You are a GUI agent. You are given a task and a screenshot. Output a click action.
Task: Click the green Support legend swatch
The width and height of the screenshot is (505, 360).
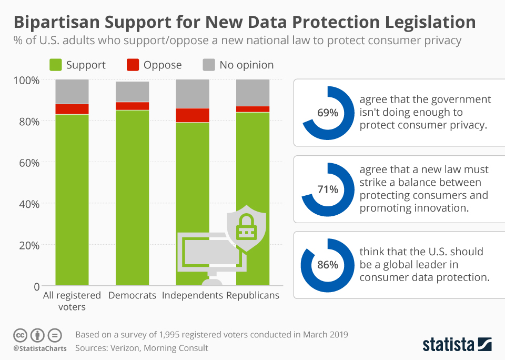55,65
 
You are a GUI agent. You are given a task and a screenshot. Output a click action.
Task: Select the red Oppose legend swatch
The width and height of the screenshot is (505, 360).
133,65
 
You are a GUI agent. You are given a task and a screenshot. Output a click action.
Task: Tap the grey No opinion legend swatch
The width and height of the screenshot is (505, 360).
209,65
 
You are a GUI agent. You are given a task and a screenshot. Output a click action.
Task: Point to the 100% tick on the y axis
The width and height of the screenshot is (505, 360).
26,80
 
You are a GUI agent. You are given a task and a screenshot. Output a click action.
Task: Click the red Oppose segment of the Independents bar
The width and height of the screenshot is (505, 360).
193,115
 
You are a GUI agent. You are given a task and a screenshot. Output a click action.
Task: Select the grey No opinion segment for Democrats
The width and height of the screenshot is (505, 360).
132,92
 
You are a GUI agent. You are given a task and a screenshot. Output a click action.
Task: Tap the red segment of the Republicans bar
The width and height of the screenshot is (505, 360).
252,109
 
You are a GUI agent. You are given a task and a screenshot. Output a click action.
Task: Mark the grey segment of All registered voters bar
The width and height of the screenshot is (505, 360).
72,92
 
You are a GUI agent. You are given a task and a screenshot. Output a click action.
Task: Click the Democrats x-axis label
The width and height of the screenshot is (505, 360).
132,295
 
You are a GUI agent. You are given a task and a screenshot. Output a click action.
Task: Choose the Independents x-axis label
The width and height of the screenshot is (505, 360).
193,295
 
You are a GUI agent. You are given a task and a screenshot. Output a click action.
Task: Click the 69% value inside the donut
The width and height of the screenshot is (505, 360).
327,113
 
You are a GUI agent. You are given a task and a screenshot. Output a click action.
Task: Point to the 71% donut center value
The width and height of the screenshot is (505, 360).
327,189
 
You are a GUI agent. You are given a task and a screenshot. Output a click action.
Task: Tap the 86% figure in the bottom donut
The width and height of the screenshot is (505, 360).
327,265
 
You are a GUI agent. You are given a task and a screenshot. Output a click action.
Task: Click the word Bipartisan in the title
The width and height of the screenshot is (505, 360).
58,22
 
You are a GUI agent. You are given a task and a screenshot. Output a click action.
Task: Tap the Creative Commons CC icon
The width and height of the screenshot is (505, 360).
20,335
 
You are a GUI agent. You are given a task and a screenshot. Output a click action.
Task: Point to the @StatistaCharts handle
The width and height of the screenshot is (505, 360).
39,348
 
